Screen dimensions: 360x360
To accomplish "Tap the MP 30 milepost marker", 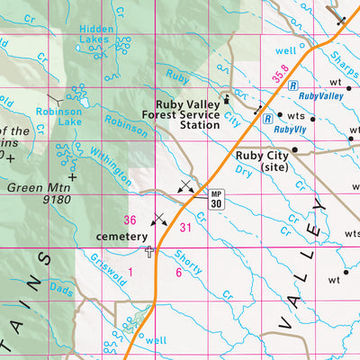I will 216,200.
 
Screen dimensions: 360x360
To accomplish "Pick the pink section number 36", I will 130,220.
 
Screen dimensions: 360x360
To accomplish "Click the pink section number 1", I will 130,271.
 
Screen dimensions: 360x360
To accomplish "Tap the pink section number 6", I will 178,272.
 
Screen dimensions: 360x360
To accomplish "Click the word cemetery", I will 121,237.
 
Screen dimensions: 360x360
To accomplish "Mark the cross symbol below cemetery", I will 149,251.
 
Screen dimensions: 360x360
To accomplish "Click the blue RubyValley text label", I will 320,94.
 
